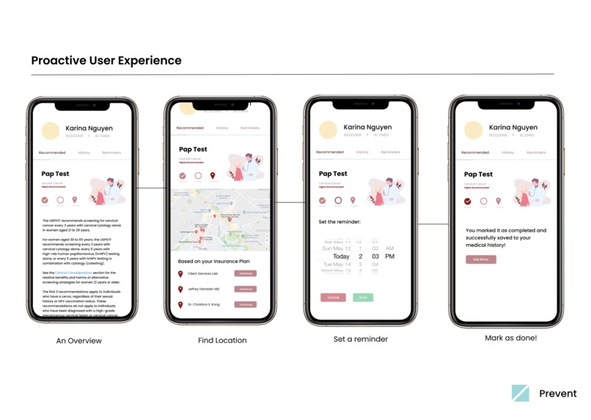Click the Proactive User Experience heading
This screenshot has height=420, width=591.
pos(106,60)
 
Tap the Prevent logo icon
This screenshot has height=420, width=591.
pos(520,393)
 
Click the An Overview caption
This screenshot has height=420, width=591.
pos(79,341)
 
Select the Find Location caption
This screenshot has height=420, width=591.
pos(222,341)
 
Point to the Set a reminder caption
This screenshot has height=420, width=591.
pos(360,339)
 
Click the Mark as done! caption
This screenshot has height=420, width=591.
pos(510,339)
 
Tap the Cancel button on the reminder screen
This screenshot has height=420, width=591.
pos(333,298)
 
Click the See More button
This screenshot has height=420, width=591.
pos(480,259)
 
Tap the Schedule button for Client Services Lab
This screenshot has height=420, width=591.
pos(246,273)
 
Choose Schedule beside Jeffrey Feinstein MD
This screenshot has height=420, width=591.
pos(246,289)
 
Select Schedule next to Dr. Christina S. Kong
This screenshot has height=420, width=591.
pos(246,304)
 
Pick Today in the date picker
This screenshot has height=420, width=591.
pos(341,257)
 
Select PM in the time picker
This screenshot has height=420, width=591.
pos(389,257)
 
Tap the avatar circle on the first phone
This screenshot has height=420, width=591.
pos(51,131)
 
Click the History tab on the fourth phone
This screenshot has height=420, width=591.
pos(508,152)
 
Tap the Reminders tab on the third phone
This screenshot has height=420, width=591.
pos(391,152)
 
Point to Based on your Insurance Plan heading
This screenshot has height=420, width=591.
pos(213,261)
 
